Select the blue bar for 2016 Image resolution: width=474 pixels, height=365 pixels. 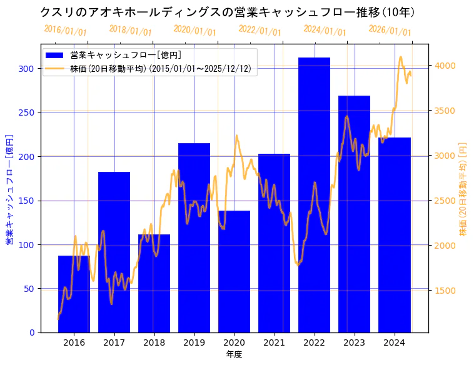tap(74, 294)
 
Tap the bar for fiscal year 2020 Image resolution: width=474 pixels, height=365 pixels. tap(234, 272)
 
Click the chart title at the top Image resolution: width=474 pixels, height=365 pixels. tap(228, 12)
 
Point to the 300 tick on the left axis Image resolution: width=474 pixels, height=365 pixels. tap(28, 69)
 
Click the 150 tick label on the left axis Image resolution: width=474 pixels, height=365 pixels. tap(28, 201)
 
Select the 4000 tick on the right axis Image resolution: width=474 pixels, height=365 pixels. tap(446, 66)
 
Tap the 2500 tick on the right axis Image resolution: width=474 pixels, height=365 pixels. tap(446, 201)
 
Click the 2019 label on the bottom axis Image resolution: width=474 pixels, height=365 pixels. tap(194, 342)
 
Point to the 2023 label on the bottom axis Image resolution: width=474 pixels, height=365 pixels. tap(354, 342)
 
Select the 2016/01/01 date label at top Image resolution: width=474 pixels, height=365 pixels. tap(66, 31)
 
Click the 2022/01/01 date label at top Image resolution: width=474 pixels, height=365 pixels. tap(260, 31)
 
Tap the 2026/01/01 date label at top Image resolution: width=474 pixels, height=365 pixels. tap(390, 31)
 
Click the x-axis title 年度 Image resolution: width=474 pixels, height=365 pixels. tap(234, 354)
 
